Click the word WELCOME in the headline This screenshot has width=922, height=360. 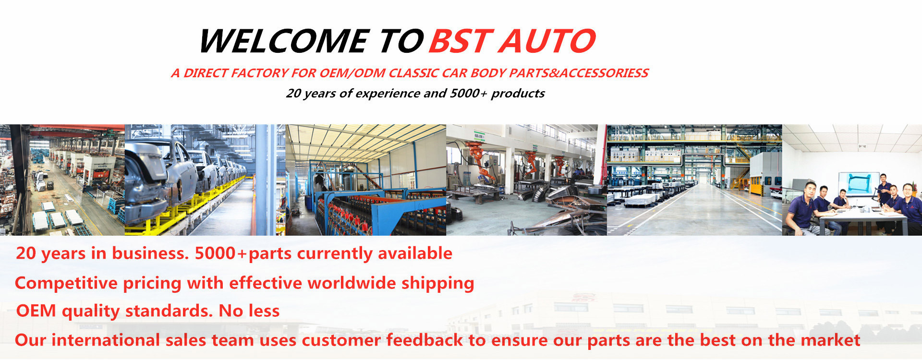pos(284,41)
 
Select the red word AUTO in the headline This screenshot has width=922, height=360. pos(547,41)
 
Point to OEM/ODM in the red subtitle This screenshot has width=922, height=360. pos(352,73)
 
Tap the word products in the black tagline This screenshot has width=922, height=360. pos(518,93)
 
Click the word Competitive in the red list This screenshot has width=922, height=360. pos(66,283)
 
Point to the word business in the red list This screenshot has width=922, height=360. pos(150,253)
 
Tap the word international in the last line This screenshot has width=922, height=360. pos(106,340)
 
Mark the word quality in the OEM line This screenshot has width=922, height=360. pos(91,311)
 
